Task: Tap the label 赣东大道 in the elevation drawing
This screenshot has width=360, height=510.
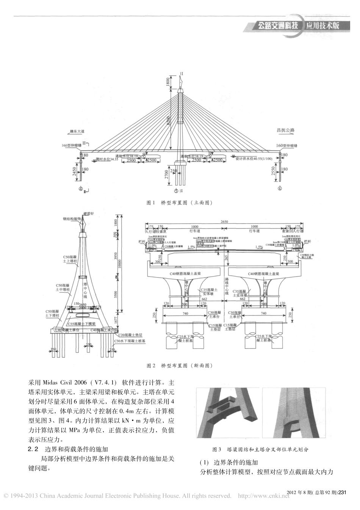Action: point(77,131)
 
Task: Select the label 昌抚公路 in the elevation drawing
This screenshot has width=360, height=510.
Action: point(286,130)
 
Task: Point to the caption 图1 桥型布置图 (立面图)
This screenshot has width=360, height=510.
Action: point(180,203)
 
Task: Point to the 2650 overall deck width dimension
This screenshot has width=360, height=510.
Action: point(224,221)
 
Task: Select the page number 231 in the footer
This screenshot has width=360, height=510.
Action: point(342,492)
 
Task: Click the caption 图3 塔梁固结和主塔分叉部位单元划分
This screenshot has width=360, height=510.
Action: point(260,449)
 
